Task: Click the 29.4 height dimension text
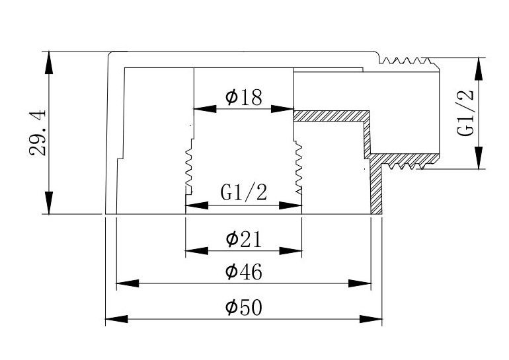pyautogui.click(x=38, y=133)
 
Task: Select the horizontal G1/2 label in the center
pyautogui.click(x=243, y=194)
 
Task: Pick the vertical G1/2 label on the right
pyautogui.click(x=466, y=112)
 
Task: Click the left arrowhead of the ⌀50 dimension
pyautogui.click(x=116, y=319)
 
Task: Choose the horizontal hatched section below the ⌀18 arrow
pyautogui.click(x=331, y=116)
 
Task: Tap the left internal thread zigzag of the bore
pyautogui.click(x=188, y=168)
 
